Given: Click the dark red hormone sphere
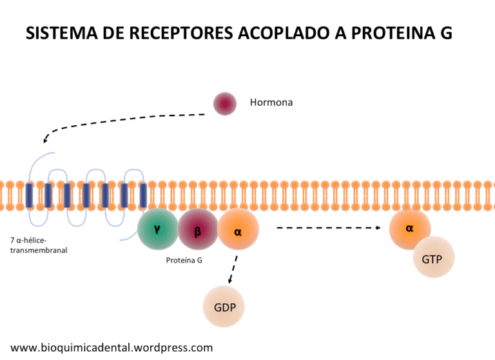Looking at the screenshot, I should (x=225, y=103).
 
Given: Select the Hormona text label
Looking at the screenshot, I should (x=271, y=102).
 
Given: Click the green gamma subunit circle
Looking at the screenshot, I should (x=157, y=230).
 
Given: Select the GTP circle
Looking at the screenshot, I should (x=433, y=257).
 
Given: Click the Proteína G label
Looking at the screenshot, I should (x=184, y=261).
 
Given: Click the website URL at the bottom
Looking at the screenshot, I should (x=112, y=348).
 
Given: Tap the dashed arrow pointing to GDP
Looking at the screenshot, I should (x=233, y=270).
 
